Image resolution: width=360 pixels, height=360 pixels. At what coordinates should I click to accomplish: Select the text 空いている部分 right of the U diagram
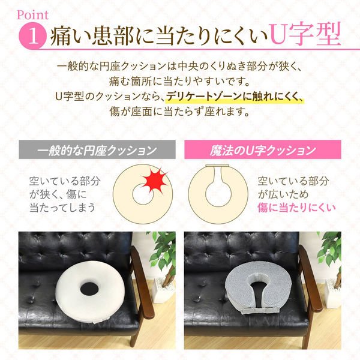pyautogui.click(x=295, y=181)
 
